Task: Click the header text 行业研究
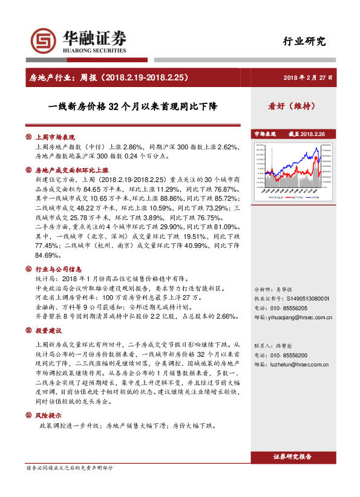tap(304, 41)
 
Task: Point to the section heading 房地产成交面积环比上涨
tap(72, 171)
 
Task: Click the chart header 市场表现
tap(265, 134)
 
